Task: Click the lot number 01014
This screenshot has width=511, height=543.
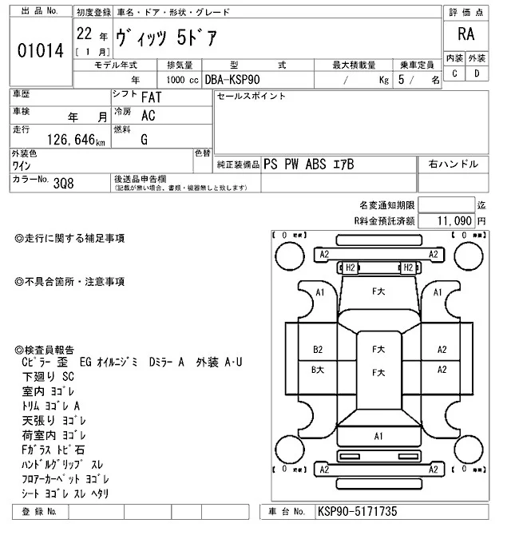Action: (39, 51)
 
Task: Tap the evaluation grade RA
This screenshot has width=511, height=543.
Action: (465, 34)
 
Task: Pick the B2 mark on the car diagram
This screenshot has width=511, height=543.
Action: (318, 349)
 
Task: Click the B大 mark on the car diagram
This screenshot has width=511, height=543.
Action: (318, 369)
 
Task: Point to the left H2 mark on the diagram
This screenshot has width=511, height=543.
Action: (349, 268)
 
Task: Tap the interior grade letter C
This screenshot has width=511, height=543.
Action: (454, 73)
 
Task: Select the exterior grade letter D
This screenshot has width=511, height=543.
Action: (477, 73)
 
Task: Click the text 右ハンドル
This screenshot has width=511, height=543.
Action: (454, 164)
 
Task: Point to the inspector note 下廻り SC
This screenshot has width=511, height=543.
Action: (47, 375)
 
